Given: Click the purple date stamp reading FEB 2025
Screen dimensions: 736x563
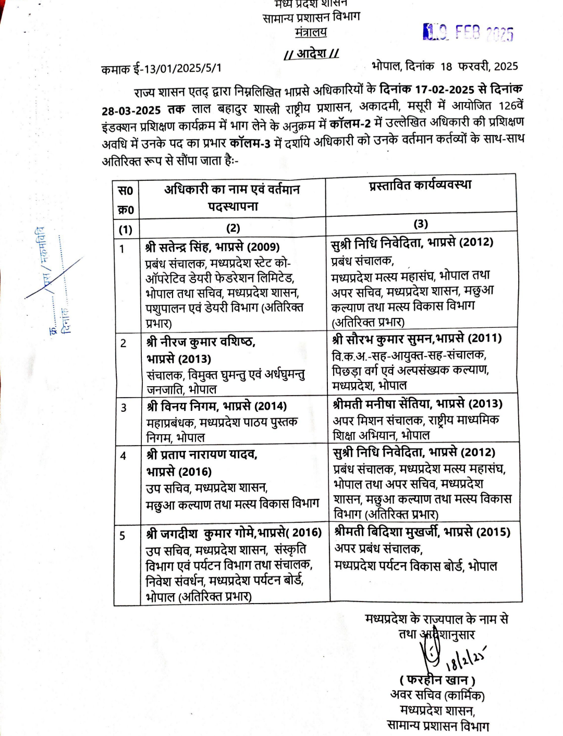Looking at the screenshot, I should tap(468, 33).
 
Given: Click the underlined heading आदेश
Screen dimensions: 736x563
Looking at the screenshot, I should tap(312, 53).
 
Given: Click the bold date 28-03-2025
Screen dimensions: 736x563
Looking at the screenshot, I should tap(131, 111).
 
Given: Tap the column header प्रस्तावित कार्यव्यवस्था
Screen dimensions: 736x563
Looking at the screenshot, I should tap(420, 185).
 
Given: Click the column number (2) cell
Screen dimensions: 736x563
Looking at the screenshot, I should tap(233, 228).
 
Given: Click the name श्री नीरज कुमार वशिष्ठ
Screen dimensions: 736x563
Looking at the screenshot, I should tap(201, 342).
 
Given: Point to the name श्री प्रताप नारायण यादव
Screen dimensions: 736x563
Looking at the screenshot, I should tap(202, 455).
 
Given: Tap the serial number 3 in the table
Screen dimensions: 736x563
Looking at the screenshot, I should tap(124, 408).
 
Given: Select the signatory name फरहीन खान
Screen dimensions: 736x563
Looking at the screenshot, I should tap(437, 680).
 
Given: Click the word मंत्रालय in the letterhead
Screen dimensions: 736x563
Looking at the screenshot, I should tap(311, 32).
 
